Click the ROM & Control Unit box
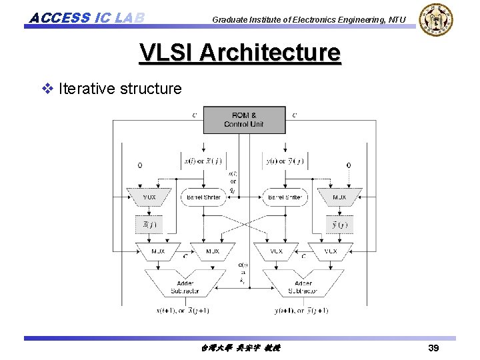pos(244,119)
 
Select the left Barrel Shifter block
pos(204,197)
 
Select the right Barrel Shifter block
pos(285,197)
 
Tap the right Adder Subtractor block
pos(303,283)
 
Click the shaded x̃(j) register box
pos(149,225)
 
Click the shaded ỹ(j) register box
pos(339,225)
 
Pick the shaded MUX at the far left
pos(149,197)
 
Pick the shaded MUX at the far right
pos(339,197)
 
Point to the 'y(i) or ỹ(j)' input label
pos(285,161)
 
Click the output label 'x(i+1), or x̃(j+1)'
pos(183,310)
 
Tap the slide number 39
pos(433,348)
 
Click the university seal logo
pos(436,20)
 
